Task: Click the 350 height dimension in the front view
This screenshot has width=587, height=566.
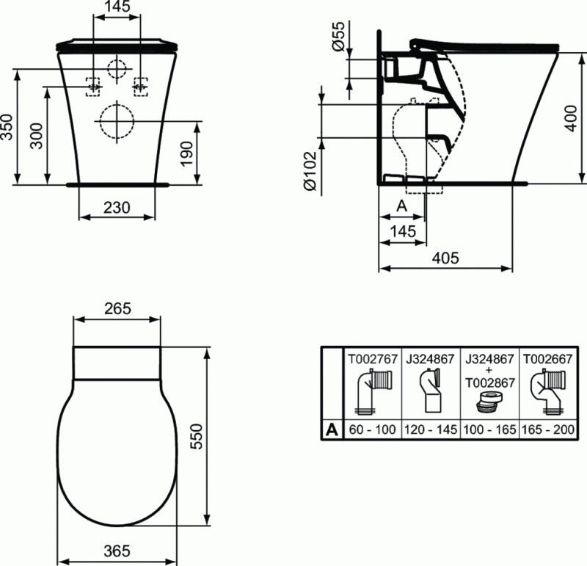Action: tap(8, 126)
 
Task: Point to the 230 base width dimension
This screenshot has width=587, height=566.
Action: tap(116, 208)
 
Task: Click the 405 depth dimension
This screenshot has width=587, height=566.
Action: tap(445, 258)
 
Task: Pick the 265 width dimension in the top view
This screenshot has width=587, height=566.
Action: tap(117, 308)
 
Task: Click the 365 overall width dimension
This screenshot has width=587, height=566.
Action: tap(117, 551)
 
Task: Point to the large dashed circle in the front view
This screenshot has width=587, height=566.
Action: tap(117, 123)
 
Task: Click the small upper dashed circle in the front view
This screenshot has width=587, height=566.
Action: tap(117, 69)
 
